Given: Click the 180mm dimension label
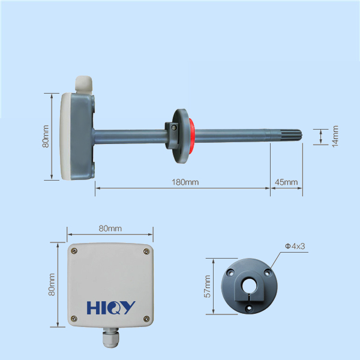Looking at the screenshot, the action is pos(185,182).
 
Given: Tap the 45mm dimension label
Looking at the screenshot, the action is pos(286,182).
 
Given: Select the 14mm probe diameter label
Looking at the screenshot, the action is pos(335,136).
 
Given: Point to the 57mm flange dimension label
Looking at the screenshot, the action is pos(208,286).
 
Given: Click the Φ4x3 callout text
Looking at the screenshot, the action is pos(295,246).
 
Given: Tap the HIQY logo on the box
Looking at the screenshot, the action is pos(111,308).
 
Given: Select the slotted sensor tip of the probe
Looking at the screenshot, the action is pos(284,136).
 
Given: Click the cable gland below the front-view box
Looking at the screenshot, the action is pos(110,337).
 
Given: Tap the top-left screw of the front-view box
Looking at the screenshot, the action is pos(74,251).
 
